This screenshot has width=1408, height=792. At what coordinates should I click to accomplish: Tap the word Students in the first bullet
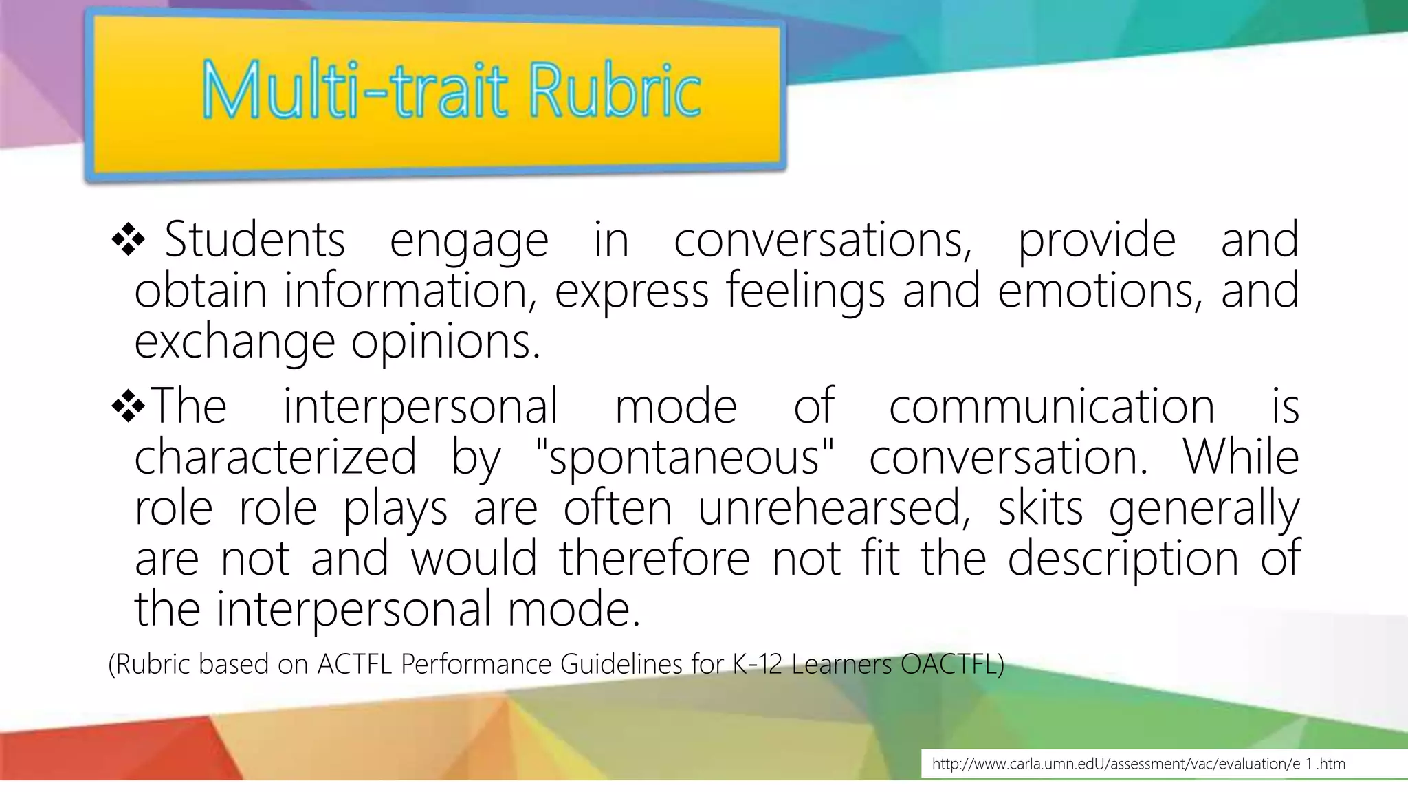pos(254,240)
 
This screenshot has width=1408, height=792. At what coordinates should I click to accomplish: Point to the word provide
pos(1097,241)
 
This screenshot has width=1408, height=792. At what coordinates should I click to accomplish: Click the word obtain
pos(200,291)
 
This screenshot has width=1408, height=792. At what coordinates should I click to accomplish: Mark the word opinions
pos(445,342)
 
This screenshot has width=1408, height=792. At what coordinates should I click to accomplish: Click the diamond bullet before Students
pos(129,241)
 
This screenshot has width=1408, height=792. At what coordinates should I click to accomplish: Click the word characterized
pos(276,457)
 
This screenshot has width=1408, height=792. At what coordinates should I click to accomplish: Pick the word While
pos(1241,456)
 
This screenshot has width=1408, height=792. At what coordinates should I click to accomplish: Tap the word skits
pos(1040,508)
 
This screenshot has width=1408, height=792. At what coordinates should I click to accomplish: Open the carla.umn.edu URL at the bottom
pos(1138,764)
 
